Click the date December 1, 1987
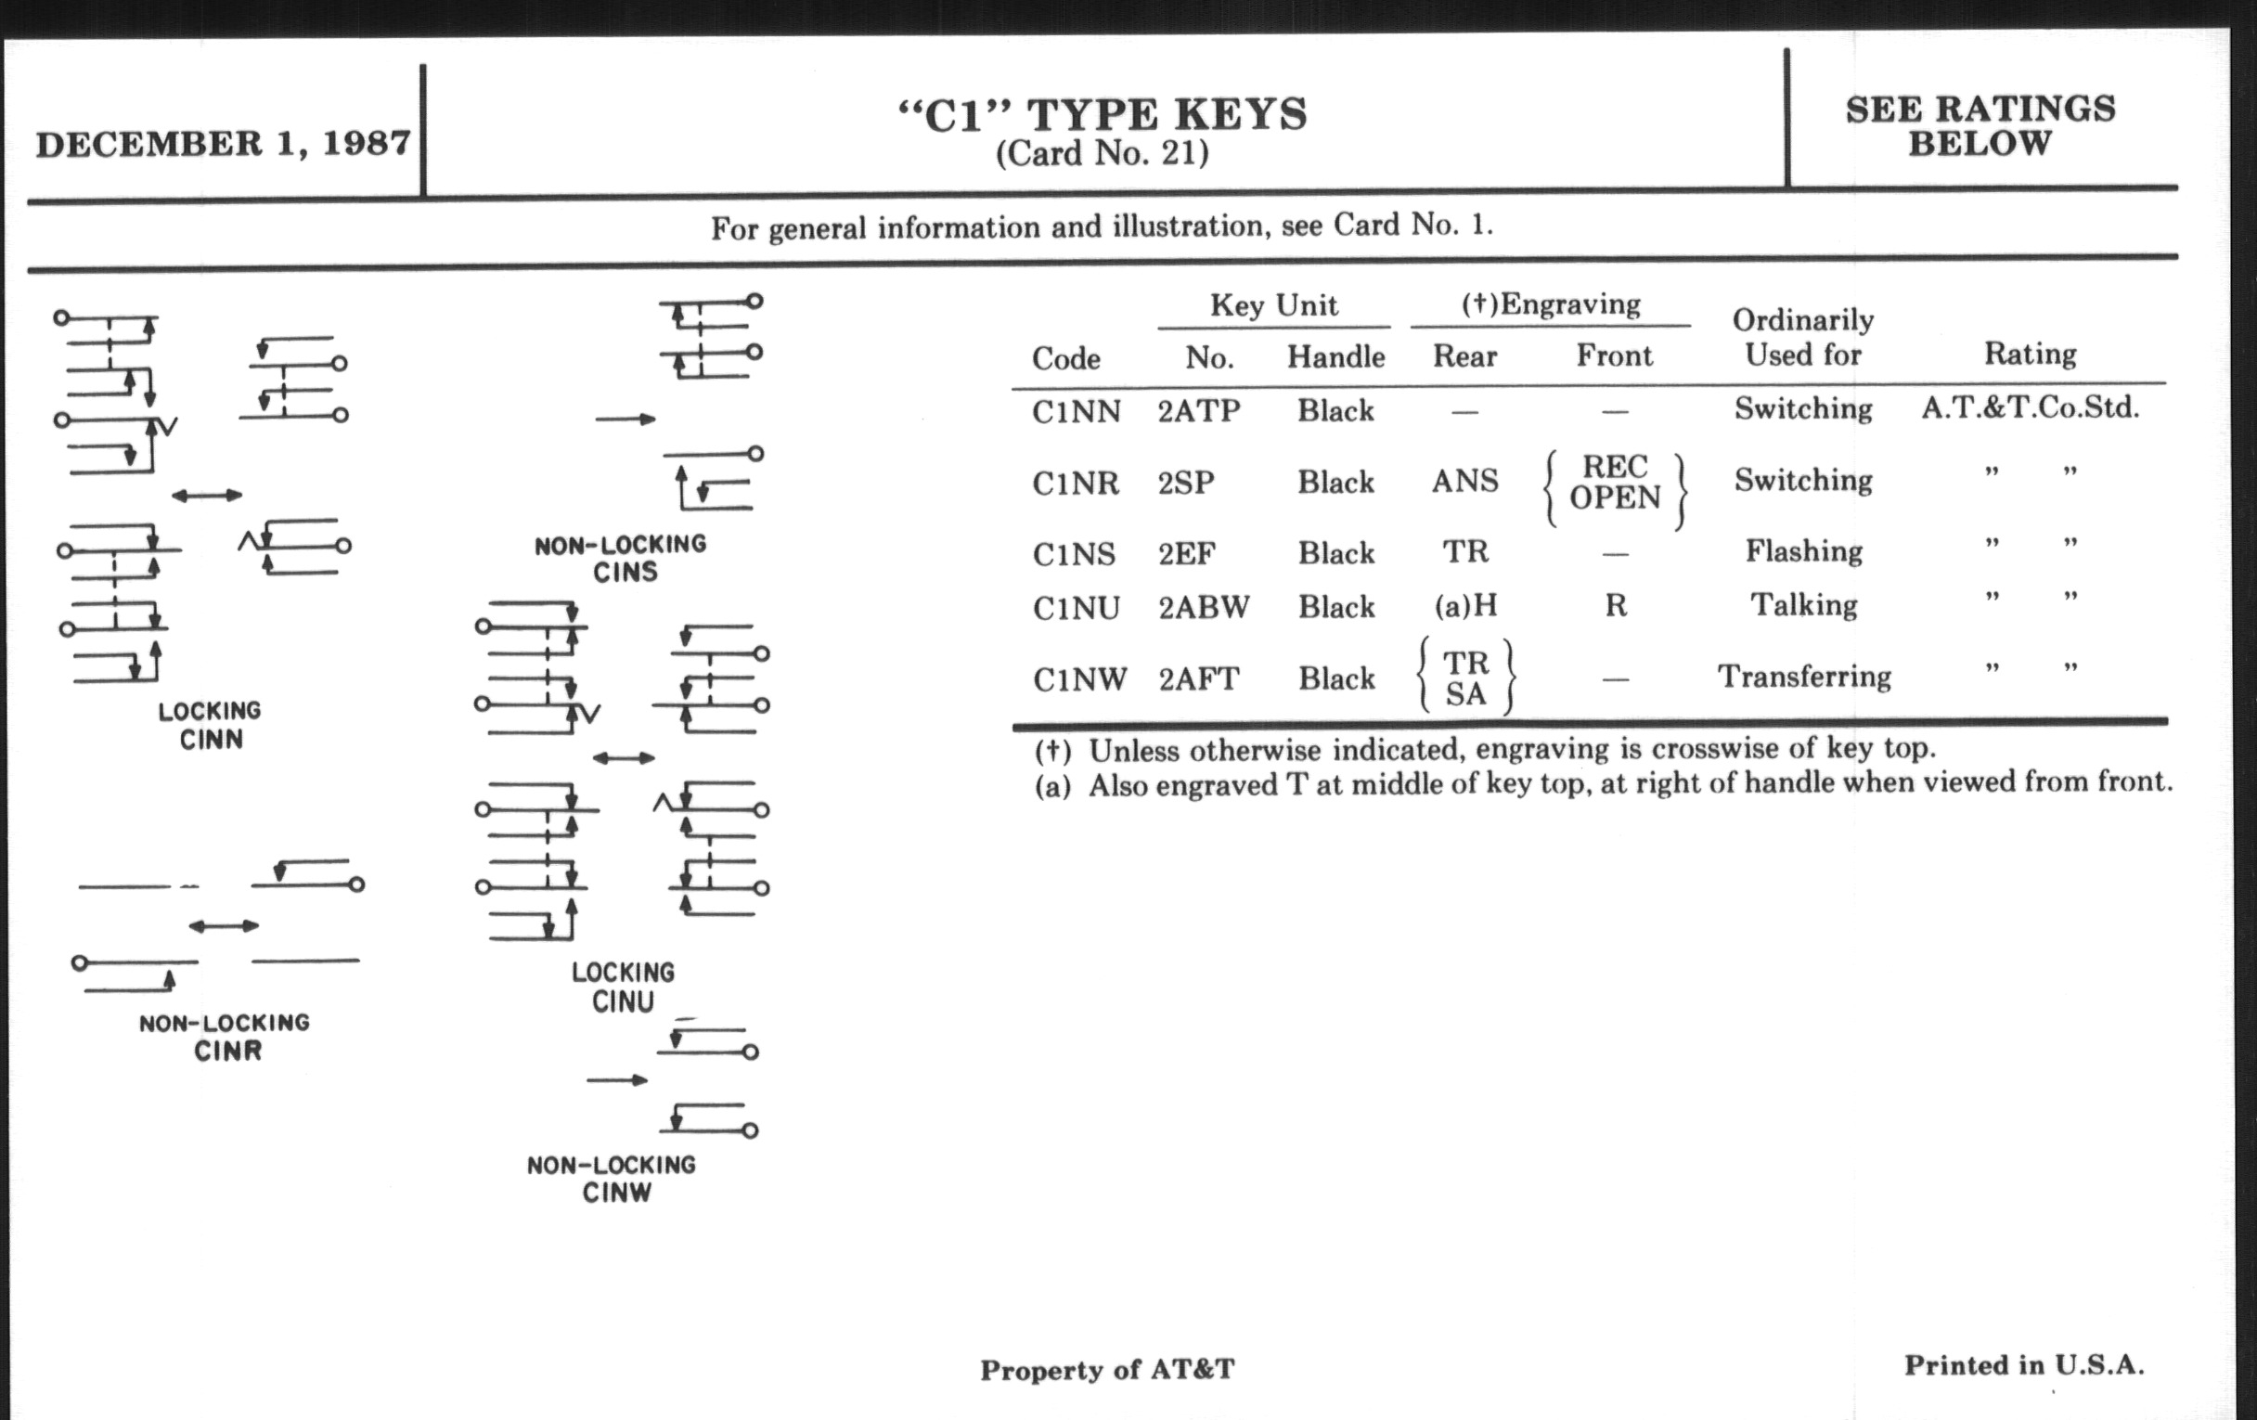tap(223, 144)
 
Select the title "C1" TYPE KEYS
tap(1103, 115)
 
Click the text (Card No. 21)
tap(1103, 154)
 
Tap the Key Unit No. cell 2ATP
tap(1199, 411)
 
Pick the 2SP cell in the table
tap(1186, 483)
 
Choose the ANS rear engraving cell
tap(1465, 482)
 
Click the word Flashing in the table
tap(1803, 551)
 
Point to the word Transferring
tap(1804, 677)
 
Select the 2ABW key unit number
tap(1204, 607)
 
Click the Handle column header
tap(1335, 357)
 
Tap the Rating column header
tap(2031, 355)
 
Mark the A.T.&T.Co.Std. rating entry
tap(2031, 408)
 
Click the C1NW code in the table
tap(1079, 678)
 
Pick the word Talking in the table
tap(1804, 605)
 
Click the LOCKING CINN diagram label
tap(210, 726)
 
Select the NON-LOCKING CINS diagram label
tap(621, 559)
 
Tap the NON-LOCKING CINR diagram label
tap(224, 1037)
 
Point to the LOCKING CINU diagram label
tap(623, 987)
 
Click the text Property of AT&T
tap(1107, 1370)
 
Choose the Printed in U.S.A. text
tap(2024, 1365)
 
